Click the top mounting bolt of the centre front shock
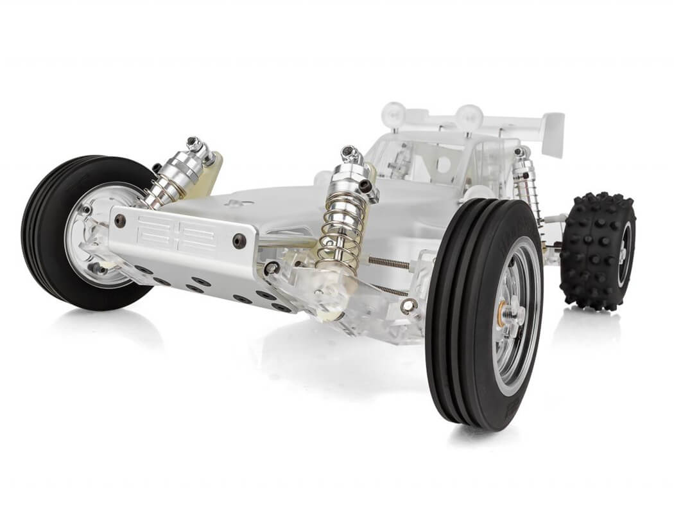tap(350, 153)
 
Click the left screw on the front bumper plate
tap(119, 220)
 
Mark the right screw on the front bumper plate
tap(239, 241)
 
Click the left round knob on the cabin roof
tap(392, 114)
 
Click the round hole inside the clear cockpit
tap(443, 164)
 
